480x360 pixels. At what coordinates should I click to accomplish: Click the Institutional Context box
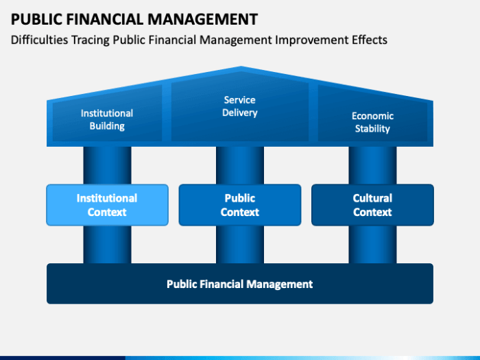pos(107,205)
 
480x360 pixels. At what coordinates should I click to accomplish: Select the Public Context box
pos(240,205)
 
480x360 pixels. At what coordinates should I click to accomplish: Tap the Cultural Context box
pos(372,205)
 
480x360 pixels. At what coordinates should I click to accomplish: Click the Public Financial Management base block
pos(240,283)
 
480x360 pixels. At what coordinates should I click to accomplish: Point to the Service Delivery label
pos(240,106)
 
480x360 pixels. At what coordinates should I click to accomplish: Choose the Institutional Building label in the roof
pos(107,120)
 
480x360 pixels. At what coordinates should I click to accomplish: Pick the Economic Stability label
pos(372,122)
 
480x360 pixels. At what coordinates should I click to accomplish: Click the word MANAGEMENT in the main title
pos(203,19)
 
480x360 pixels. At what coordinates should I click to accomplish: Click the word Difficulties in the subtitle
pos(39,40)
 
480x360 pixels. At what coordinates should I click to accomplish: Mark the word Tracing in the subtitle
pos(91,40)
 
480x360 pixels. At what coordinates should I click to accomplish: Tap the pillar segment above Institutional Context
pos(107,165)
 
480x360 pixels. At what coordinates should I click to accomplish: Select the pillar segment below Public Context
pos(240,245)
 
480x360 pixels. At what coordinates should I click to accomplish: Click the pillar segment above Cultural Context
pos(372,165)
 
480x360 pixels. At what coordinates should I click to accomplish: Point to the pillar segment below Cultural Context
pos(372,245)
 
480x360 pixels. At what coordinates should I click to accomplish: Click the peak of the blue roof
pos(241,67)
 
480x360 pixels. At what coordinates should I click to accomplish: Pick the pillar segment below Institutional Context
pos(107,245)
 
